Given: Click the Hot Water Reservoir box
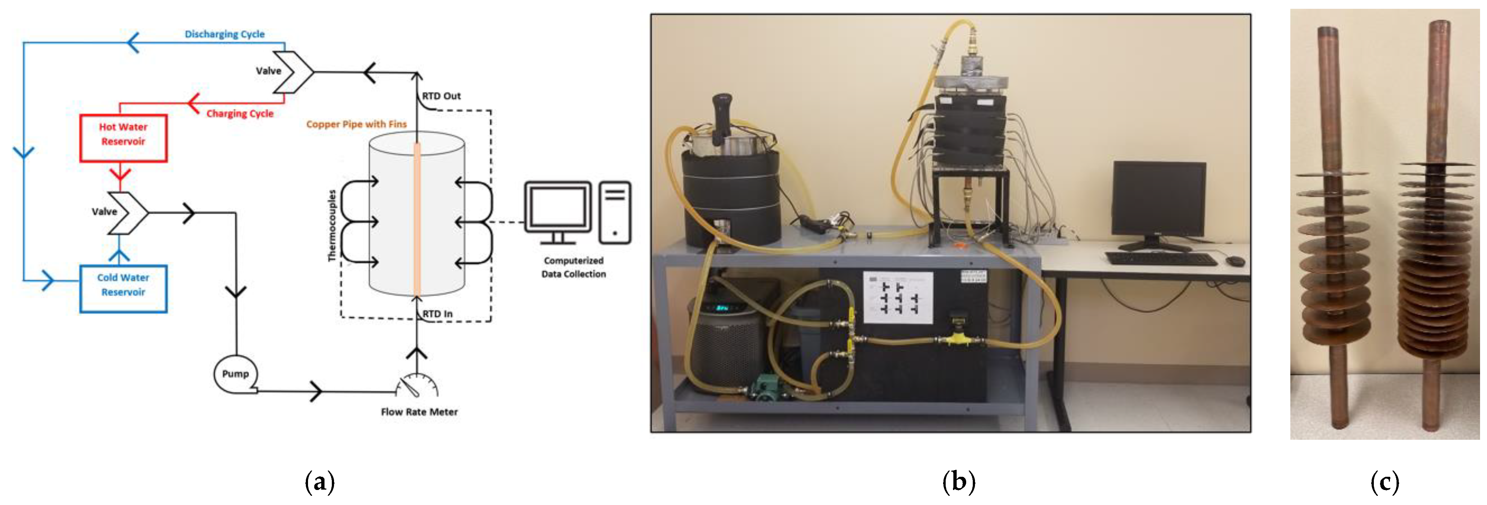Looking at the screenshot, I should pyautogui.click(x=123, y=137).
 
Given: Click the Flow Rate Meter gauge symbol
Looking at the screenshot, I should pyautogui.click(x=417, y=386).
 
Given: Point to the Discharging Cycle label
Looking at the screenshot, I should pyautogui.click(x=225, y=34).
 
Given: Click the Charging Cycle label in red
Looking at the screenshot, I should pyautogui.click(x=240, y=113).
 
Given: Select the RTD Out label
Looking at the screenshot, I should pyautogui.click(x=441, y=96).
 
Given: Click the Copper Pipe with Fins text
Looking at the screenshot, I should pyautogui.click(x=356, y=124).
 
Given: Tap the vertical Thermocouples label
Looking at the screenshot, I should pyautogui.click(x=332, y=225).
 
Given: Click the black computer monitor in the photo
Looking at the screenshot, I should pyautogui.click(x=1158, y=199).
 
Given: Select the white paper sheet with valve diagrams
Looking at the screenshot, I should pyautogui.click(x=897, y=297).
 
